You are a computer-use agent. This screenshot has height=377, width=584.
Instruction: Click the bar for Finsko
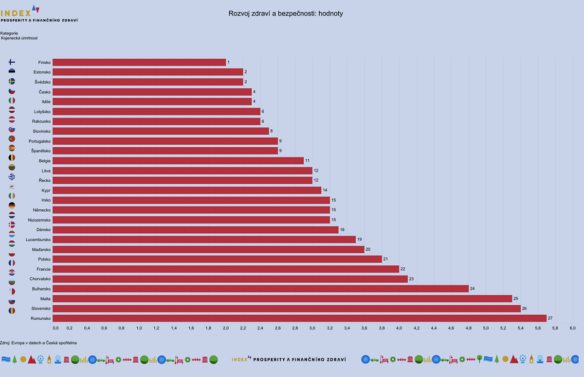point(139,62)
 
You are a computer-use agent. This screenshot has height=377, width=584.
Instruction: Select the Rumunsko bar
point(299,318)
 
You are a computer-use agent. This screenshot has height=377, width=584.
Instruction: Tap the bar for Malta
point(282,298)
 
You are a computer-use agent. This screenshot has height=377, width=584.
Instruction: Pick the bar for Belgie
point(178,161)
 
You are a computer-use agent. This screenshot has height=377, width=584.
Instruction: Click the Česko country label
point(45,92)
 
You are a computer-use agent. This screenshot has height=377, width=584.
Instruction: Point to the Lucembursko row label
point(38,240)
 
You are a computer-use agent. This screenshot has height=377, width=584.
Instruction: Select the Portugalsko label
point(40,141)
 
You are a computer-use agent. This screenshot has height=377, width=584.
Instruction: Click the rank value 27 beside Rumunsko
point(550,318)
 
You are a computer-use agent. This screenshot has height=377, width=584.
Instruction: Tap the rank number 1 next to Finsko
point(228,62)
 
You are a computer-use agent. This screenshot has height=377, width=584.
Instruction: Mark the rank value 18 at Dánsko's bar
point(343,229)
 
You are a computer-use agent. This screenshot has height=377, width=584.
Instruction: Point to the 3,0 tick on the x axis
point(312,328)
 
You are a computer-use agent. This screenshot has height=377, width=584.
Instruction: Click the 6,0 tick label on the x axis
point(572,328)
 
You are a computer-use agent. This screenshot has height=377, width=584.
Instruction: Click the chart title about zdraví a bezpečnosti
point(286,14)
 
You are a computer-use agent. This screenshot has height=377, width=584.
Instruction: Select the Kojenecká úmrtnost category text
point(19,38)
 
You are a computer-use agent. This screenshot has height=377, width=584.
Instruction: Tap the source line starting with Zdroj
point(38,343)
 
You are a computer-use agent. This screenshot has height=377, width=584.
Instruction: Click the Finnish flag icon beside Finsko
point(12,62)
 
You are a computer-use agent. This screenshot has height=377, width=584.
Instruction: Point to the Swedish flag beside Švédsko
point(12,81)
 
